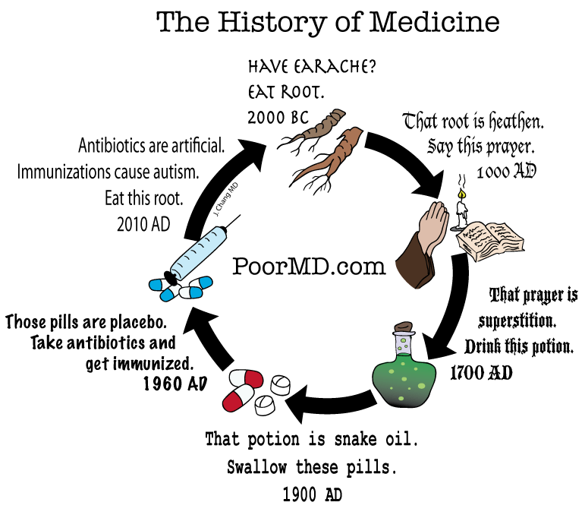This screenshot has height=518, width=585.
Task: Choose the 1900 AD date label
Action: [x=312, y=495]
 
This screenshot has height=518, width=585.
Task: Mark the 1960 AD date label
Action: [x=175, y=384]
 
